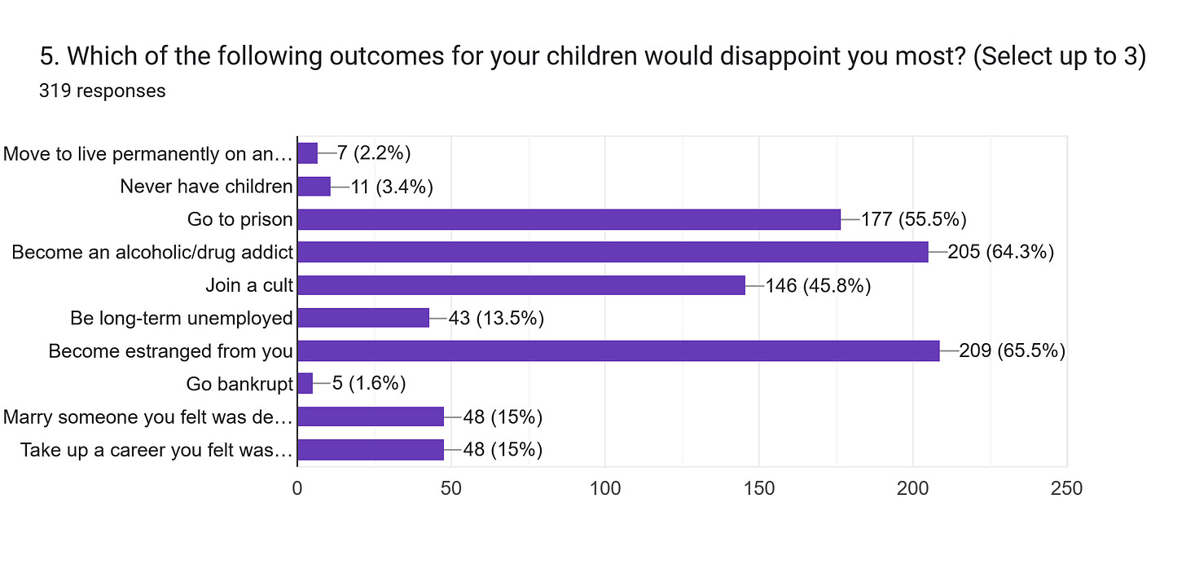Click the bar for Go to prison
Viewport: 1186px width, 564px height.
pos(569,219)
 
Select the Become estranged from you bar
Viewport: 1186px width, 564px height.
pos(618,351)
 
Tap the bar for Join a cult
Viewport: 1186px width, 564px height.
pos(521,285)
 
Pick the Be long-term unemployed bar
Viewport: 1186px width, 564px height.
pos(363,318)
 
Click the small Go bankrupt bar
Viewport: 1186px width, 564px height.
pos(305,384)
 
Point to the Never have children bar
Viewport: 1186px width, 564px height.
pos(314,187)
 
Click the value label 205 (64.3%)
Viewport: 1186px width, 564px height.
pos(1001,253)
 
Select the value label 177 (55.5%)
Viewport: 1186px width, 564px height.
pos(913,219)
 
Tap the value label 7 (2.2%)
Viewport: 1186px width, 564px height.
pos(374,153)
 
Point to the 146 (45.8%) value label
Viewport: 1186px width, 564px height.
pos(818,285)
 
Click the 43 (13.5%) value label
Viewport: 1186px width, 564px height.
pos(496,318)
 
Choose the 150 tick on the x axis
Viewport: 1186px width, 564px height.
pos(759,488)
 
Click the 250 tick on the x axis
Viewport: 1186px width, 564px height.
pos(1067,488)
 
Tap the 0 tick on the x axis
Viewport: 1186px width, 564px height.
pos(297,488)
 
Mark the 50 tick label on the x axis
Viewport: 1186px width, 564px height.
pos(451,488)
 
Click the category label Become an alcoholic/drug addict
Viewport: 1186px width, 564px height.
pos(152,253)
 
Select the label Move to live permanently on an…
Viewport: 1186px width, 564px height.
pos(147,153)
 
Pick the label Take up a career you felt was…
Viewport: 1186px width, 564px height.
pos(156,450)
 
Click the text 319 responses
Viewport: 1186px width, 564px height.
pos(102,90)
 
